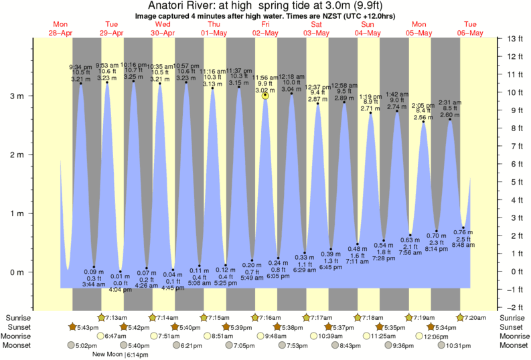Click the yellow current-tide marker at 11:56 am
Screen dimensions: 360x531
(x=266, y=96)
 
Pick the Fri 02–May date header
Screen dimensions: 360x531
(x=266, y=28)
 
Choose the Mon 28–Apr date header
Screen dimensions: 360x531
(x=61, y=28)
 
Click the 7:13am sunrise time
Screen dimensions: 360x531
(x=116, y=317)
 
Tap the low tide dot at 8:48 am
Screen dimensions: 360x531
(x=463, y=228)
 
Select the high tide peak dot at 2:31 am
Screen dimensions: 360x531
(x=449, y=120)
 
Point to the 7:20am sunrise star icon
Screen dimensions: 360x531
(x=461, y=317)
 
